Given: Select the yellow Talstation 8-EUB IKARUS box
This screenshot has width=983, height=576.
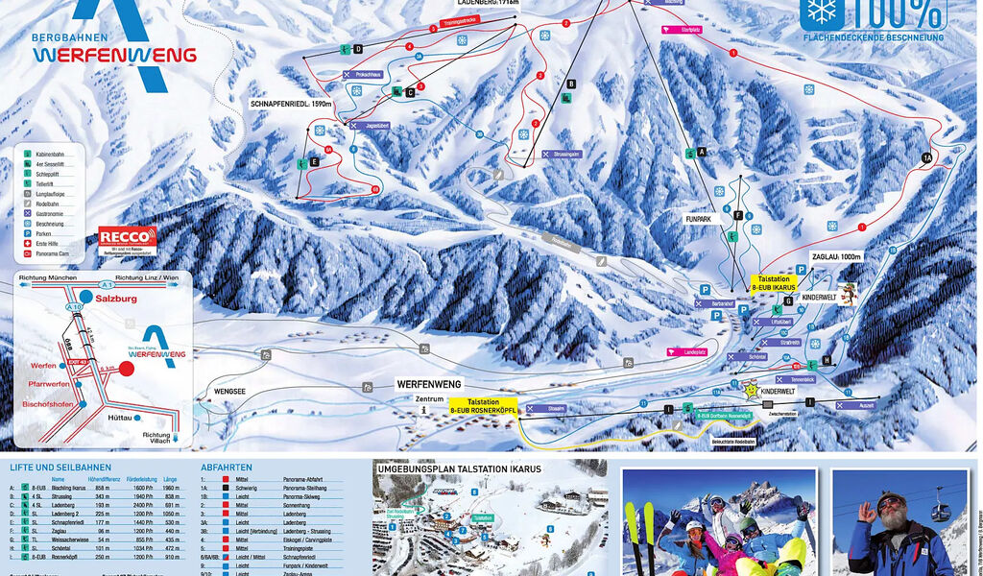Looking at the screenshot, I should (776, 282).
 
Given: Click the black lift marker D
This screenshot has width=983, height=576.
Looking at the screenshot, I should (357, 48).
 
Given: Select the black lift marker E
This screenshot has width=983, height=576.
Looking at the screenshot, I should (315, 163).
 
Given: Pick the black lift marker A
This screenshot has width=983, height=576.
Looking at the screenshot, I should (702, 152).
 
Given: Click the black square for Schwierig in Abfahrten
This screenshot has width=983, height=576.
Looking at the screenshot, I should (224, 488).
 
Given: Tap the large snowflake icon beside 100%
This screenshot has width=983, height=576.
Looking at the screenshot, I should (823, 11).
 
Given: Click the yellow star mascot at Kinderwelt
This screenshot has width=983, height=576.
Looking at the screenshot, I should (752, 390).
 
